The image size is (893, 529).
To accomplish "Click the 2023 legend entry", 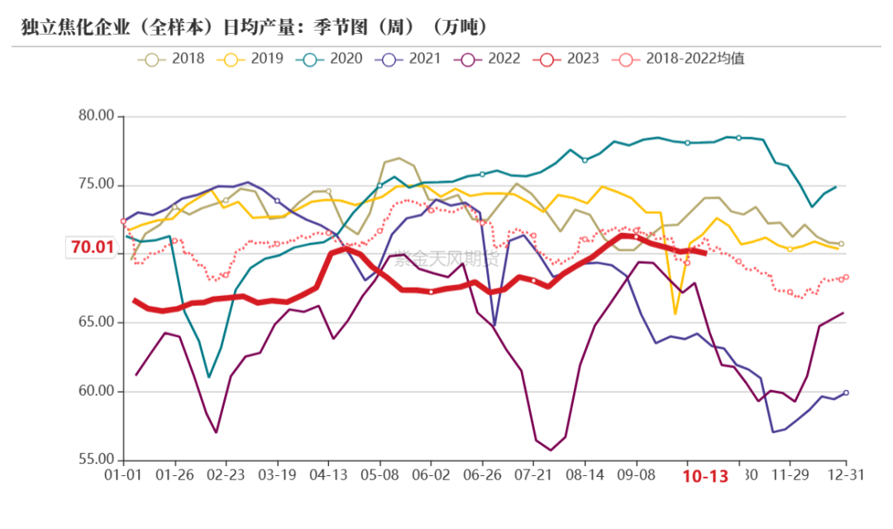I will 566,59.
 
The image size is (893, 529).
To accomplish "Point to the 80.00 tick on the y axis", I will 96,116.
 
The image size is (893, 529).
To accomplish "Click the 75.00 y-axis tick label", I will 96,184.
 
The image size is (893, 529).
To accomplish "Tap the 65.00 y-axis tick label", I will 96,322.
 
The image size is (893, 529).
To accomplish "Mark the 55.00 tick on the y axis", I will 96,460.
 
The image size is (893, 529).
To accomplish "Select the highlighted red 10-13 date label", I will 704,477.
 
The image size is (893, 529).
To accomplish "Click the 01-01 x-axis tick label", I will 122,476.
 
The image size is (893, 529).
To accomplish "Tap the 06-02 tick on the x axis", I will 431,476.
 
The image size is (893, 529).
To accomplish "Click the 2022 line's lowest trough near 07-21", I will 551,450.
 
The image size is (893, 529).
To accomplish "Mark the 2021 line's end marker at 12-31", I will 846,393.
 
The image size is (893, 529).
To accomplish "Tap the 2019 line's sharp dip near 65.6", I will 676,314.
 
